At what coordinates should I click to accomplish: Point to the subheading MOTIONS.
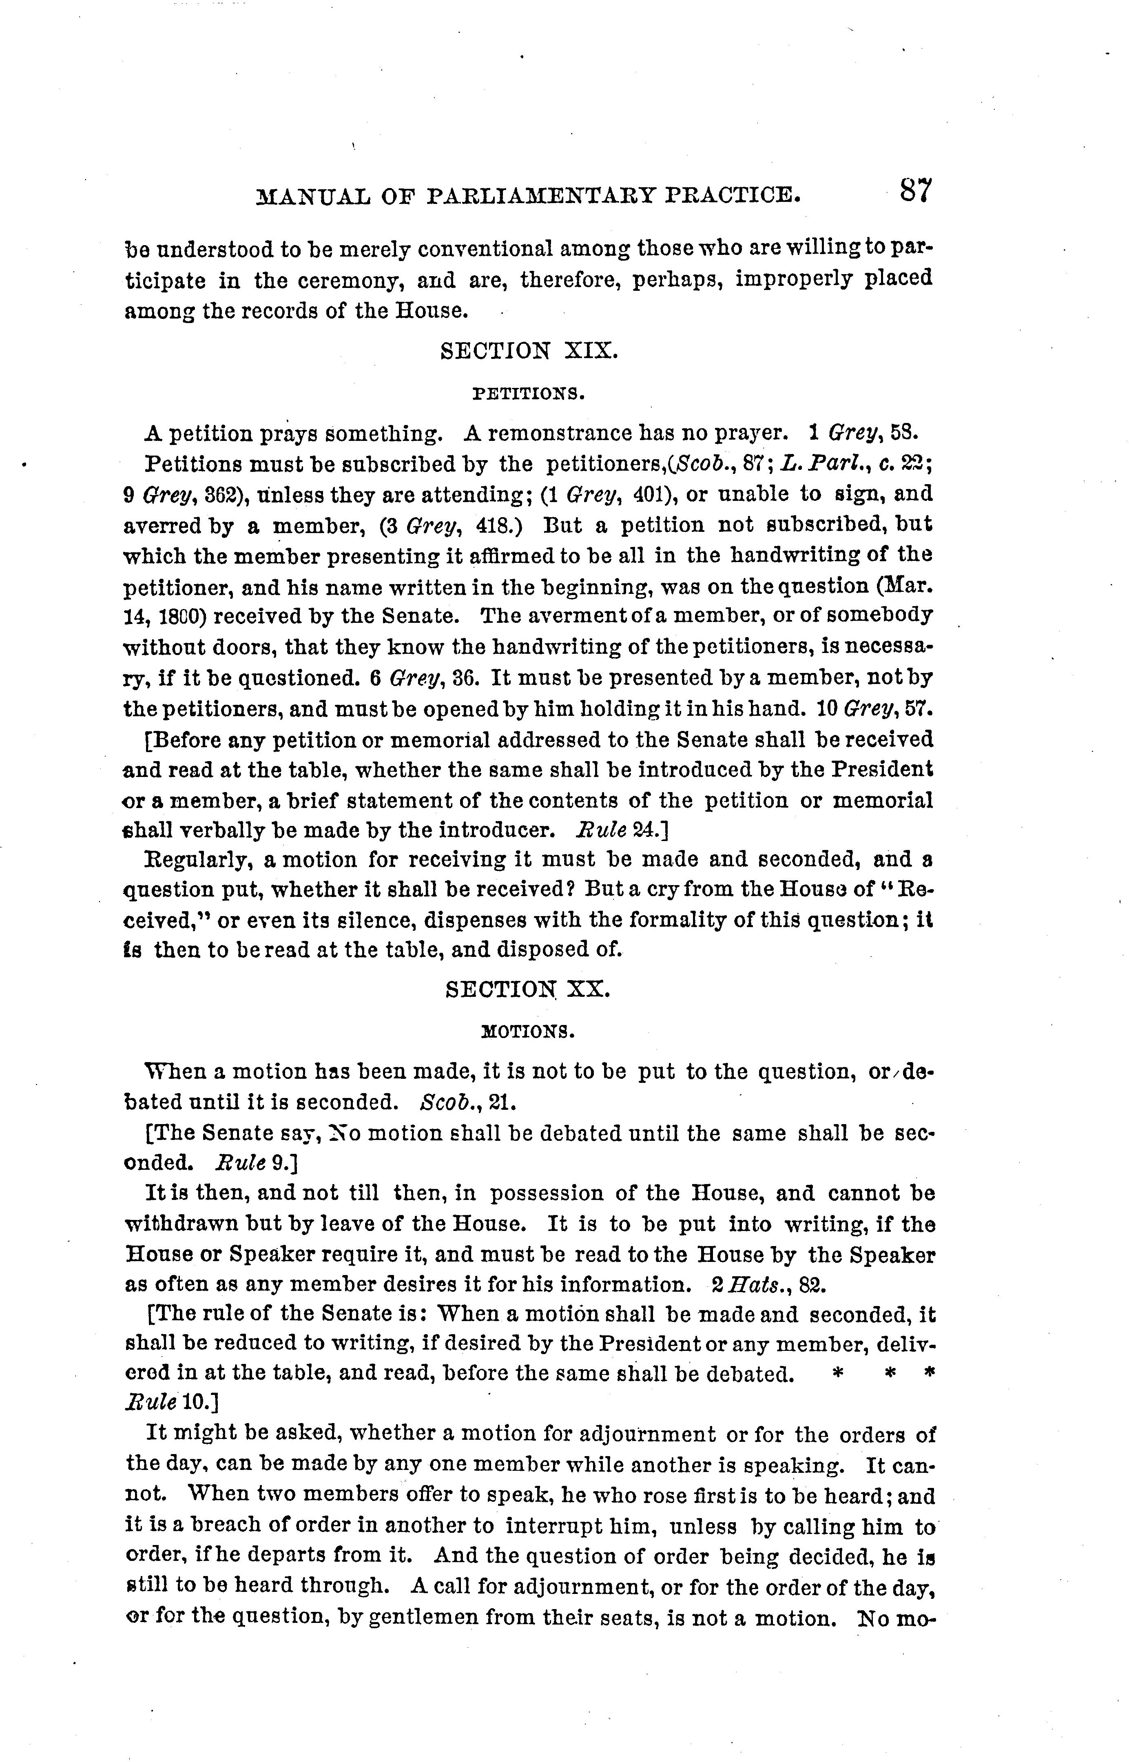tap(528, 1032)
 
